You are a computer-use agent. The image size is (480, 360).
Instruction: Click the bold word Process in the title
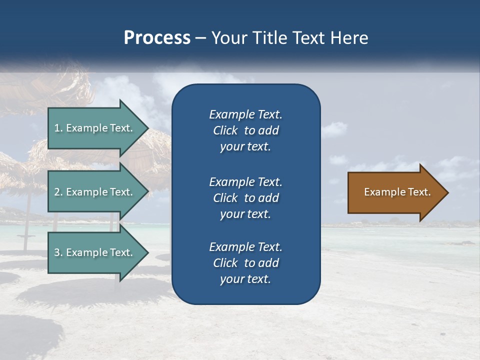(x=157, y=38)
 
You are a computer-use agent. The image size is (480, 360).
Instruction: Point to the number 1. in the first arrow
(x=58, y=128)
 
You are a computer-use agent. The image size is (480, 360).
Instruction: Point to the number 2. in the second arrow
(x=58, y=192)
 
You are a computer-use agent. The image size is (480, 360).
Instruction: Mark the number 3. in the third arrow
(x=58, y=252)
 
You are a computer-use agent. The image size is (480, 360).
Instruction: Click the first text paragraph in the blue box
(x=245, y=130)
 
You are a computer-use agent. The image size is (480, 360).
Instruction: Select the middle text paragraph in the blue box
(x=245, y=197)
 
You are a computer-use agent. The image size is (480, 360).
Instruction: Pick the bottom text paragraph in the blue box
(x=245, y=262)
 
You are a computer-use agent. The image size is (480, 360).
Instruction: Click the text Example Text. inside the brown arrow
(x=397, y=192)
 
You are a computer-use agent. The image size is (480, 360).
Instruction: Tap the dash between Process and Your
(x=200, y=38)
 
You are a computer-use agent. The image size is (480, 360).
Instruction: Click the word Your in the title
(x=227, y=38)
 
